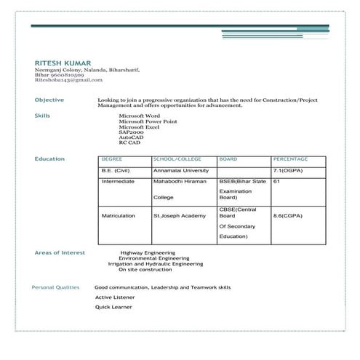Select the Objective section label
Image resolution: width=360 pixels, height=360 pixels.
pyautogui.click(x=49, y=100)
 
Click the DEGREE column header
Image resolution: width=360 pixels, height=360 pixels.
pyautogui.click(x=112, y=159)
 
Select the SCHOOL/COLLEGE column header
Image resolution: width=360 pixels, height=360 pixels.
pyautogui.click(x=177, y=159)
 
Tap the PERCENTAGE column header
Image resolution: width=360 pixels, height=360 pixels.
pyautogui.click(x=291, y=159)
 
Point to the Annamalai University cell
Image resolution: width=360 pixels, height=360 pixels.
pyautogui.click(x=181, y=169)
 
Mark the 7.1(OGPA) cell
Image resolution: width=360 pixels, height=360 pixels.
pyautogui.click(x=288, y=169)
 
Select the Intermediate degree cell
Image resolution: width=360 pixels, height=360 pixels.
pyautogui.click(x=119, y=181)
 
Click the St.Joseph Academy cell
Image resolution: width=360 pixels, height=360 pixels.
pyautogui.click(x=180, y=216)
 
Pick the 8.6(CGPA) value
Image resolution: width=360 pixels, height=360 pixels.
pyautogui.click(x=288, y=216)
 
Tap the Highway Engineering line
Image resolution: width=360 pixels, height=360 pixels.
pyautogui.click(x=148, y=253)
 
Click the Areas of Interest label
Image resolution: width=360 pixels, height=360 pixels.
pyautogui.click(x=60, y=252)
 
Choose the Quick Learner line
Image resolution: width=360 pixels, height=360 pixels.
pyautogui.click(x=113, y=307)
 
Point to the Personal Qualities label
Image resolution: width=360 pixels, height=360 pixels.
pyautogui.click(x=55, y=288)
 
